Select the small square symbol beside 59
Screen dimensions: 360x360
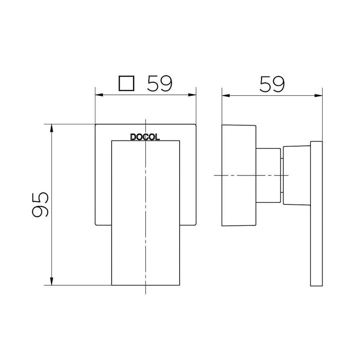pos(126,84)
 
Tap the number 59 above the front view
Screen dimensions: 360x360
pos(161,84)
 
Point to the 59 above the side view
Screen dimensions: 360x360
pos(272,84)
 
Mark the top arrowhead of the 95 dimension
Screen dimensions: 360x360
pos(53,127)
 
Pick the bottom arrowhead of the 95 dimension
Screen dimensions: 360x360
pos(53,282)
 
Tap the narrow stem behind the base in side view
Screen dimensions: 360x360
pos(268,175)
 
